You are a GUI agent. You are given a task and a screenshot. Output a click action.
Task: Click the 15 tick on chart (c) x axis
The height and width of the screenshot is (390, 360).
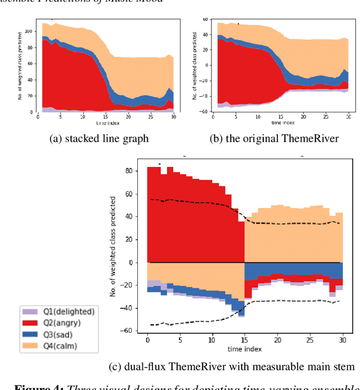click(245, 341)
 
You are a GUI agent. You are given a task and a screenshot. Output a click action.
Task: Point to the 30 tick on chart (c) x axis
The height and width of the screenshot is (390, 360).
click(342, 341)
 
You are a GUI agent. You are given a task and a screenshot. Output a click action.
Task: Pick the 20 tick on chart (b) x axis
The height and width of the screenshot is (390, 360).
click(304, 116)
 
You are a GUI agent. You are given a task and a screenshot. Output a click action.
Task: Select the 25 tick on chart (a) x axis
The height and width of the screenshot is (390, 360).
click(151, 116)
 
